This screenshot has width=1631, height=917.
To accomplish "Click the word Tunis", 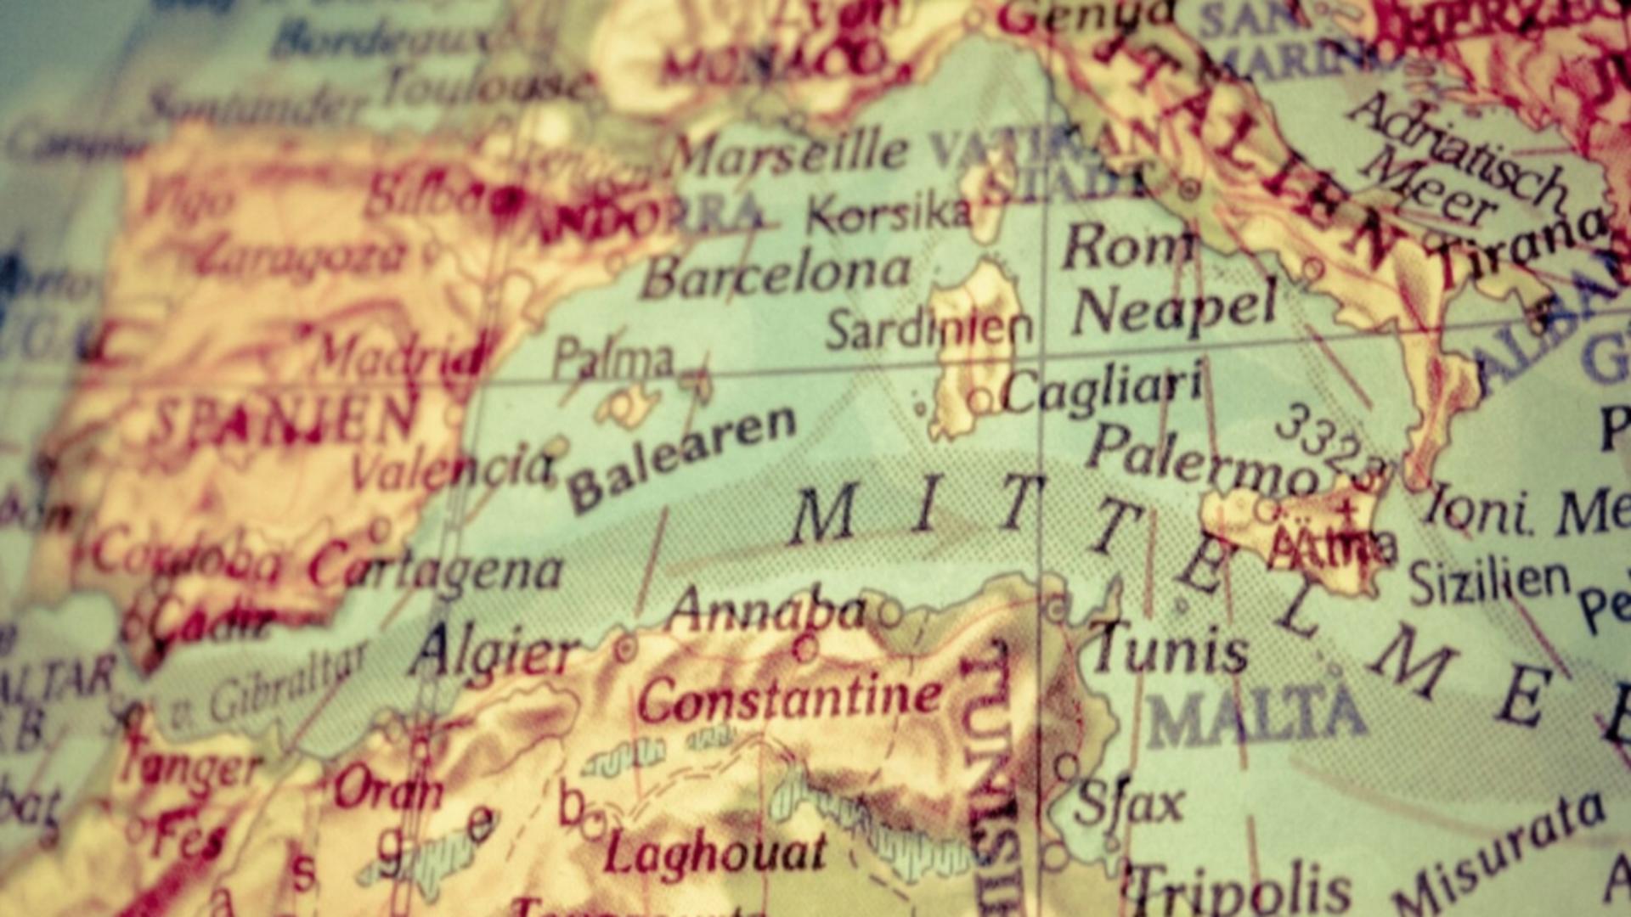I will [x=1171, y=650].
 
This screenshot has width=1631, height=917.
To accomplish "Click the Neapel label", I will [x=1175, y=309].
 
